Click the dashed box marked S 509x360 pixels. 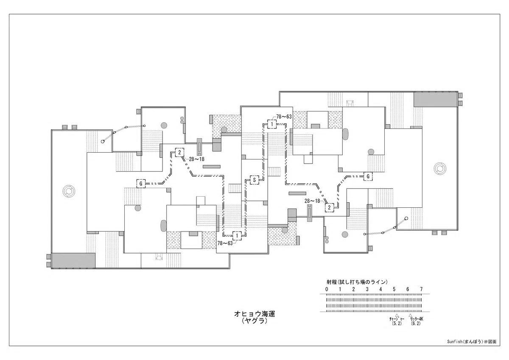click(254, 180)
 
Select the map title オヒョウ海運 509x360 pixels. click(255, 314)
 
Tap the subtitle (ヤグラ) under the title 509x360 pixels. click(255, 321)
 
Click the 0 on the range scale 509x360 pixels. click(327, 289)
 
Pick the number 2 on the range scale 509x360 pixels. click(354, 289)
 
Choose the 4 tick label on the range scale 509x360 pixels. click(380, 289)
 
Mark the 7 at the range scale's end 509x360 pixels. click(421, 289)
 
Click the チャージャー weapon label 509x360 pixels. click(397, 319)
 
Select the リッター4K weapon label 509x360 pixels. click(417, 319)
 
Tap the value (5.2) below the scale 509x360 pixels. click(397, 324)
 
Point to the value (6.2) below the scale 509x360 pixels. click(416, 324)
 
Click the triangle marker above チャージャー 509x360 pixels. click(397, 315)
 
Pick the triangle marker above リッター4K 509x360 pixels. click(411, 315)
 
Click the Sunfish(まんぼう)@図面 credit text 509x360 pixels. click(472, 342)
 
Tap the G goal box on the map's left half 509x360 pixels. click(141, 183)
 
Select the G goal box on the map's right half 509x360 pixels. click(368, 176)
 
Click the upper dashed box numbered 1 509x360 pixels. click(272, 124)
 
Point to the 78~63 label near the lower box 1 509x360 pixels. click(225, 243)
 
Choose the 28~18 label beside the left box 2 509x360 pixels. click(196, 159)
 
